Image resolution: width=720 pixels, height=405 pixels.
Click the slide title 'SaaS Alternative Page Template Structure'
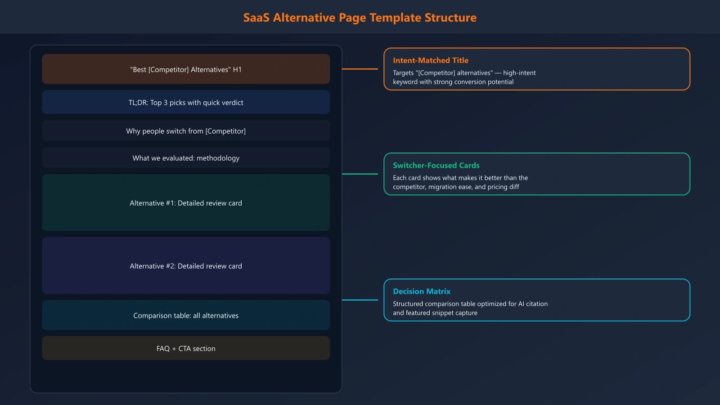pyautogui.click(x=360, y=18)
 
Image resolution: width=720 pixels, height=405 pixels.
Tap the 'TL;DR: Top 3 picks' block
pyautogui.click(x=186, y=103)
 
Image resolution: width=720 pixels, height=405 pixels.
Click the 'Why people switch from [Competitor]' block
pyautogui.click(x=186, y=131)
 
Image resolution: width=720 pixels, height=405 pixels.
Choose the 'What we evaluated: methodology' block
pyautogui.click(x=186, y=158)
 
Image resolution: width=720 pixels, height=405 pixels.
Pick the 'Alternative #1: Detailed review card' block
pyautogui.click(x=186, y=203)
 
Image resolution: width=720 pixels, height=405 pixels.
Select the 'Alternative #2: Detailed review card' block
pyautogui.click(x=186, y=266)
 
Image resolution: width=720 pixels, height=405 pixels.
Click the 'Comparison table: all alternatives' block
pyautogui.click(x=186, y=315)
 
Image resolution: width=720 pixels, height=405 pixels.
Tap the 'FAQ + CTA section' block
pyautogui.click(x=186, y=348)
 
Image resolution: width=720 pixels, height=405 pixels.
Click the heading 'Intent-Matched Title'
pyautogui.click(x=430, y=60)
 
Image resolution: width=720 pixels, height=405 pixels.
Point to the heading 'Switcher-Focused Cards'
pyautogui.click(x=436, y=165)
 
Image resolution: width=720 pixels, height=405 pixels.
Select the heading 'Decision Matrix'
pyautogui.click(x=421, y=291)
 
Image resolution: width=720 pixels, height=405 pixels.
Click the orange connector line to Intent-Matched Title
pyautogui.click(x=360, y=69)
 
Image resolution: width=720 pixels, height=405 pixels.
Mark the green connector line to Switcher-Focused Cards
pyautogui.click(x=360, y=174)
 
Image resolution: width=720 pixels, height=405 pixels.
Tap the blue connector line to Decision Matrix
pyautogui.click(x=360, y=300)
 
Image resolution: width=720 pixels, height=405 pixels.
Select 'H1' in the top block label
pyautogui.click(x=237, y=70)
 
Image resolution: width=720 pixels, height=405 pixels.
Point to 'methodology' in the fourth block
pyautogui.click(x=218, y=158)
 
